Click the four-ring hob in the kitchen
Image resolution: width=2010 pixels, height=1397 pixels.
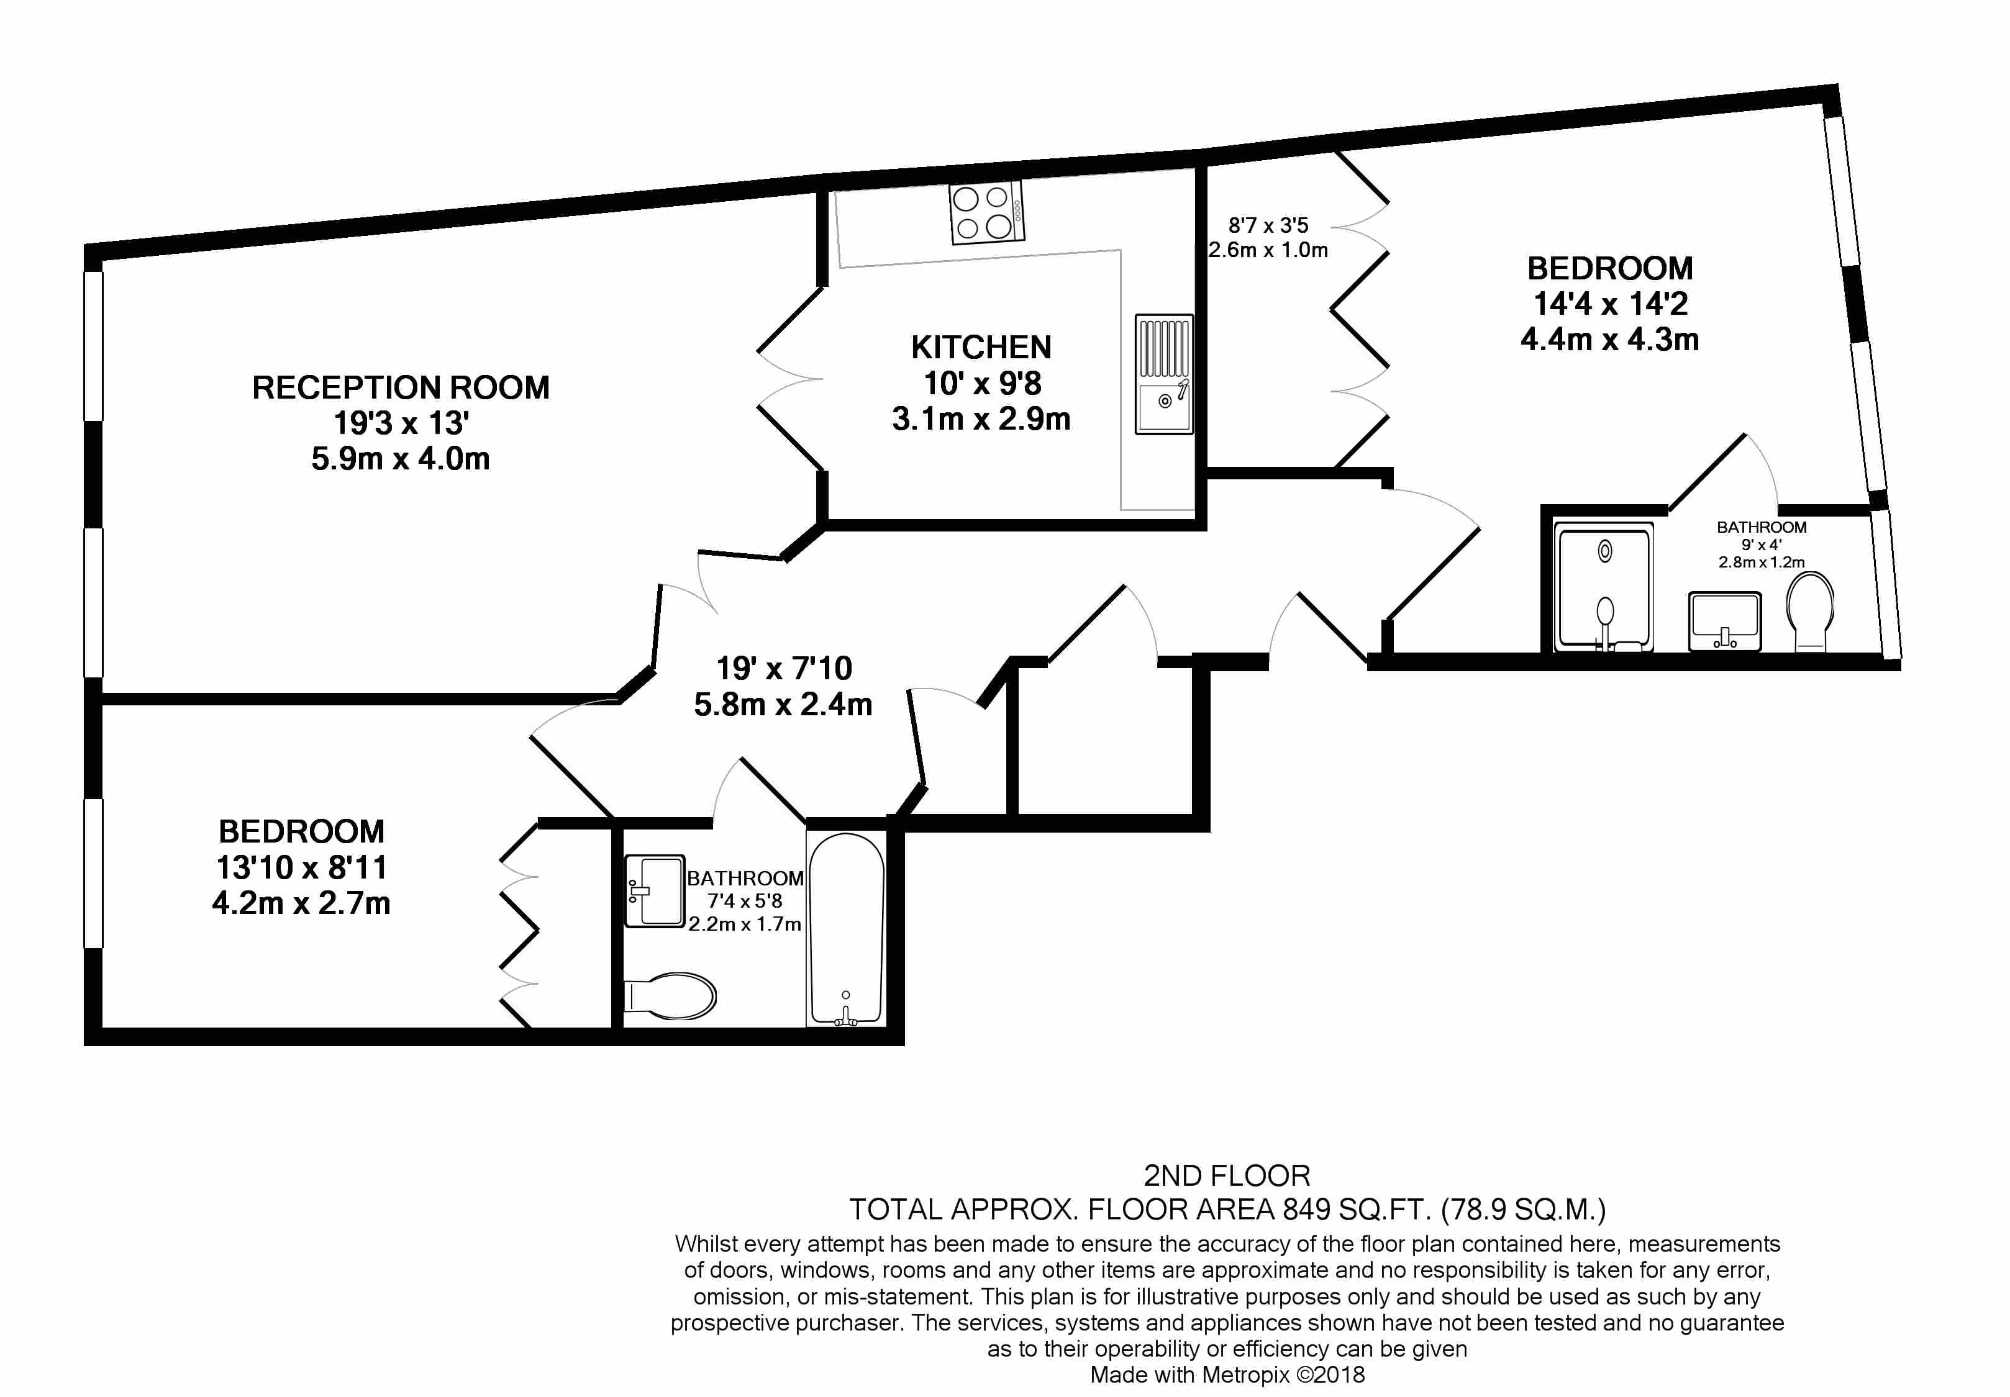click(986, 213)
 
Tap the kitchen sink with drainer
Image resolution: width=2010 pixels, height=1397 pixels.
click(1163, 374)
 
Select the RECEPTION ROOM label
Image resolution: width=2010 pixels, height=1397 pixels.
click(401, 388)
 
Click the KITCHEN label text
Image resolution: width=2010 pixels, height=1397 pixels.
click(981, 348)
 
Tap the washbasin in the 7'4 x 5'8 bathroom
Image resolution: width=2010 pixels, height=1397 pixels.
click(655, 891)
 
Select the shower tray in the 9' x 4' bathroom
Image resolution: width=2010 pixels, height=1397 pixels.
click(1604, 587)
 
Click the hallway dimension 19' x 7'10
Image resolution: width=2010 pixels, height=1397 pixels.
click(783, 669)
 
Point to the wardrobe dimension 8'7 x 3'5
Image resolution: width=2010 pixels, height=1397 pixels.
click(1268, 226)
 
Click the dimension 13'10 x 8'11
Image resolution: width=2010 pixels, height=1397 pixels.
click(301, 867)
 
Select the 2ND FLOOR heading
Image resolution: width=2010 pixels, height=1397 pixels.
click(1227, 1175)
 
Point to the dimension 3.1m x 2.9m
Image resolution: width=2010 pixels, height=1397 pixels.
click(981, 419)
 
